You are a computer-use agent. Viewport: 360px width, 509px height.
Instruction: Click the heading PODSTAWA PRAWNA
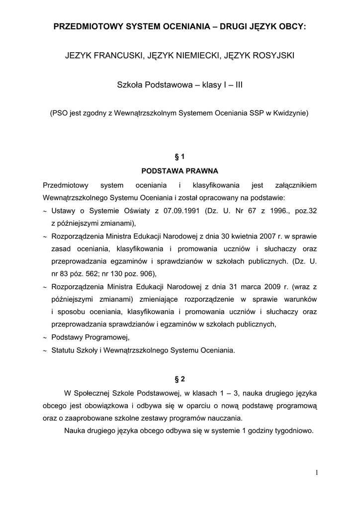click(180, 171)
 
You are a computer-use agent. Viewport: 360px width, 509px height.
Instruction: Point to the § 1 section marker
click(180, 157)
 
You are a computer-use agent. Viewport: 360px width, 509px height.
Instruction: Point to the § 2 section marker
click(180, 379)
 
